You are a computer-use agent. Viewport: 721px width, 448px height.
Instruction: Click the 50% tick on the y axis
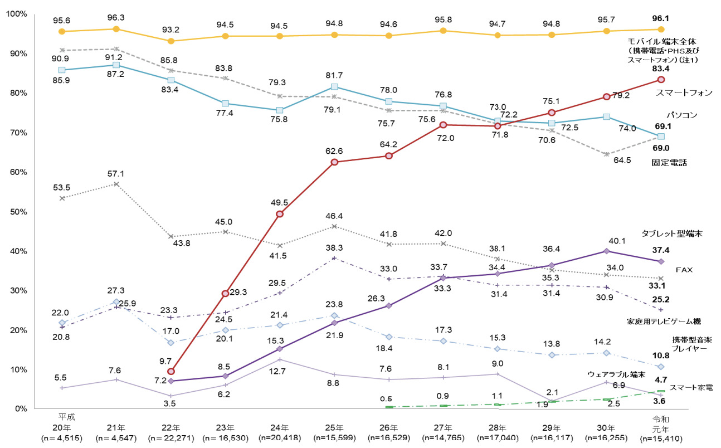click(20, 212)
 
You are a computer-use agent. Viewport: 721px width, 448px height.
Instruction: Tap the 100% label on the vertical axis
click(16, 13)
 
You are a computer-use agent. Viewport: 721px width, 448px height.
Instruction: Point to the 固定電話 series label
click(669, 163)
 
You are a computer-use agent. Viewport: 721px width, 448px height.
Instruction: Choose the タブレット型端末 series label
click(671, 234)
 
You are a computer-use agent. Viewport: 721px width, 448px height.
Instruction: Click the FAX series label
click(685, 269)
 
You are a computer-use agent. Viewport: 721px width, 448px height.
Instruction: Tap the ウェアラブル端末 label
click(617, 374)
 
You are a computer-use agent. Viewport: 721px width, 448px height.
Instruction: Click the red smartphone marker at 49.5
click(280, 214)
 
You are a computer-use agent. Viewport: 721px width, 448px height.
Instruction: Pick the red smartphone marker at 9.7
click(171, 371)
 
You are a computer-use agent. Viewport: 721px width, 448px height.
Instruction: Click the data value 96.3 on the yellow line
click(116, 18)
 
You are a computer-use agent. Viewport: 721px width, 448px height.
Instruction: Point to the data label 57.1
click(116, 173)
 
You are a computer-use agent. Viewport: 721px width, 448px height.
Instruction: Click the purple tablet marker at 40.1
click(606, 251)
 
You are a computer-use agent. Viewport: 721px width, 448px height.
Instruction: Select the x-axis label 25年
click(334, 427)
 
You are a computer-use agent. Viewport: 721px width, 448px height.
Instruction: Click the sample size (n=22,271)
click(170, 438)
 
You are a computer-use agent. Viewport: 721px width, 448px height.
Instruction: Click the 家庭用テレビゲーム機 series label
click(664, 322)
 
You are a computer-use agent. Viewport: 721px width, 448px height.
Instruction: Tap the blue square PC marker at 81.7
click(334, 86)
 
